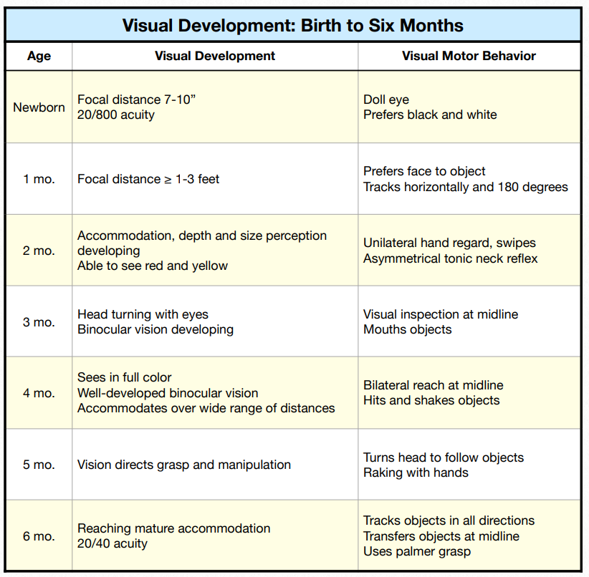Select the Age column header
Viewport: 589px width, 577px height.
[x=39, y=56]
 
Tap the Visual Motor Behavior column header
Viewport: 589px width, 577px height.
[x=469, y=56]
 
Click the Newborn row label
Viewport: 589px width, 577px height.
[x=39, y=107]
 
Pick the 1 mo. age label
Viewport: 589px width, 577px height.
[x=39, y=179]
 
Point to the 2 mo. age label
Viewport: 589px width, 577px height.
[x=39, y=251]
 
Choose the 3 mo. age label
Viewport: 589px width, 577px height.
[x=39, y=322]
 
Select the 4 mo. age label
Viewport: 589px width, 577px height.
[x=39, y=393]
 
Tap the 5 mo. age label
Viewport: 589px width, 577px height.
[x=39, y=465]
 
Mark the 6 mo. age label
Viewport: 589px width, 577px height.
[x=39, y=535]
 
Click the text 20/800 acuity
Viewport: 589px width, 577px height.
[x=116, y=115]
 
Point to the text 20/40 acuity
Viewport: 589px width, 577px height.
[x=112, y=543]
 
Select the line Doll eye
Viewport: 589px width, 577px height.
[x=386, y=100]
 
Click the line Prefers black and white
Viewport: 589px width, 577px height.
[x=430, y=115]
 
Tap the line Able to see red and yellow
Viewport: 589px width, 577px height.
[x=153, y=266]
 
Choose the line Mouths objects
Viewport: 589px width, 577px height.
[x=408, y=329]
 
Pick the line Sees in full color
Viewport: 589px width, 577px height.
[x=125, y=377]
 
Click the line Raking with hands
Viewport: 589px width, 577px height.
[x=416, y=472]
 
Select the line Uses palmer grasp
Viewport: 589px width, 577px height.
[x=417, y=551]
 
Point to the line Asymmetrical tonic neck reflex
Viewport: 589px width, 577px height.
[x=450, y=258]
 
